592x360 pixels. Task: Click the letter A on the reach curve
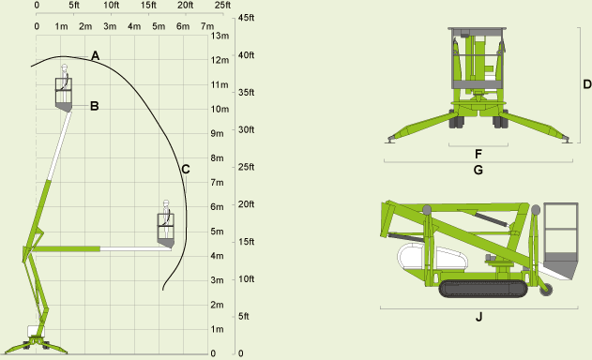click(95, 56)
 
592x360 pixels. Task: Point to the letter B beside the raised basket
click(95, 106)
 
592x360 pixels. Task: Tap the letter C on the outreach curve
click(186, 170)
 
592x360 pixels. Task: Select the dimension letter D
click(587, 84)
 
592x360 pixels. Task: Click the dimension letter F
click(478, 154)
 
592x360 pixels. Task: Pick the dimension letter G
click(478, 171)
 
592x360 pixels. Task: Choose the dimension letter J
click(478, 317)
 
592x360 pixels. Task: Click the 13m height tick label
click(220, 36)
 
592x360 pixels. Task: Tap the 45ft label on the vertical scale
click(246, 18)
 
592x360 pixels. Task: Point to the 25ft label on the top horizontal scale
click(222, 6)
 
